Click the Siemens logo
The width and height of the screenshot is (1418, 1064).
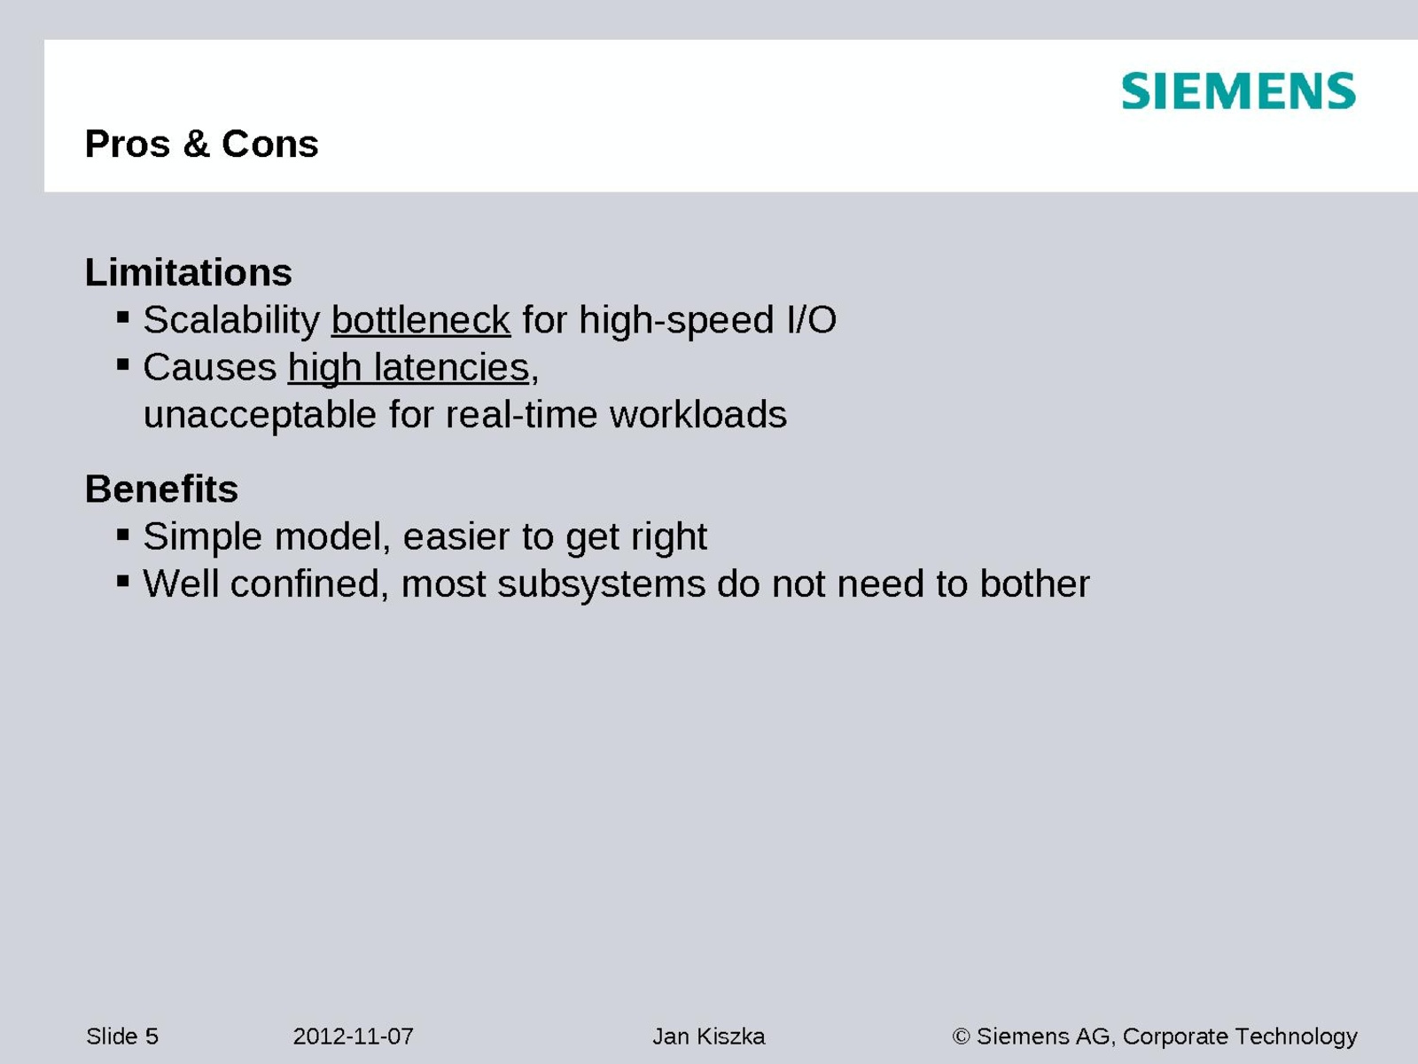[x=1238, y=91]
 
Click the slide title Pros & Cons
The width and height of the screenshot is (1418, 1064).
[x=201, y=144]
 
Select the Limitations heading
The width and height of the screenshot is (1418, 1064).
[x=189, y=272]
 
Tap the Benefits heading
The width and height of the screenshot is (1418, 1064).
[x=161, y=489]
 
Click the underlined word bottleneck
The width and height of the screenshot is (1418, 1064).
[x=421, y=320]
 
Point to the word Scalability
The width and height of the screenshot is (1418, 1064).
[x=231, y=320]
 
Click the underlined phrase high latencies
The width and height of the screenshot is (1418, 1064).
[x=409, y=368]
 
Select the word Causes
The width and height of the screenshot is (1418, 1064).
[x=210, y=368]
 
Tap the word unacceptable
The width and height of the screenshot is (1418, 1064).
[x=260, y=415]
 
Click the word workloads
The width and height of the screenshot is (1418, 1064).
[x=698, y=414]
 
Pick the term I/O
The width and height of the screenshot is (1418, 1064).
[x=812, y=320]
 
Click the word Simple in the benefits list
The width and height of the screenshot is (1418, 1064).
[x=203, y=536]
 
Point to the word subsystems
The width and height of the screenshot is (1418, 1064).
[x=602, y=584]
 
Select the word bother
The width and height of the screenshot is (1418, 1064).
[x=1035, y=583]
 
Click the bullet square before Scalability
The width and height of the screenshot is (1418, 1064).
[x=122, y=317]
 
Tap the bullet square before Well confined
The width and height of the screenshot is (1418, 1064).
[x=122, y=581]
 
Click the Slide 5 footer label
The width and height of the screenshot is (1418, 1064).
[x=122, y=1037]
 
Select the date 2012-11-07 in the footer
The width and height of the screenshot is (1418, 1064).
[x=353, y=1037]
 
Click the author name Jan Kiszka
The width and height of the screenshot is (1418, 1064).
[x=709, y=1037]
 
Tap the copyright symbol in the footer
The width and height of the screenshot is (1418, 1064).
[x=962, y=1037]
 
